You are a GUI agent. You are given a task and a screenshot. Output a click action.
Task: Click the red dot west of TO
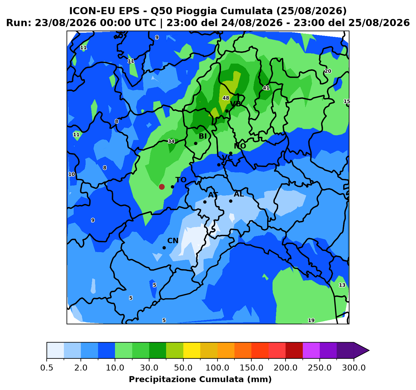[162, 187]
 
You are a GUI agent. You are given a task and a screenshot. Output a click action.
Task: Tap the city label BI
[203, 136]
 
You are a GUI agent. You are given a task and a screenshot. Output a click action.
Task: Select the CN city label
[173, 240]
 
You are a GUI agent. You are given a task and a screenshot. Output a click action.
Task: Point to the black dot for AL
[231, 201]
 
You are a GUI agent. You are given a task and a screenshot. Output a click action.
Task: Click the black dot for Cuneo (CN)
[164, 248]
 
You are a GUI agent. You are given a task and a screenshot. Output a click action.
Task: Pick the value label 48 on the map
[226, 98]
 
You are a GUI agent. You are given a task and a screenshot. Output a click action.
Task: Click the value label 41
[266, 88]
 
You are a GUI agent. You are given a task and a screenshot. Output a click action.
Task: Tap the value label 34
[171, 141]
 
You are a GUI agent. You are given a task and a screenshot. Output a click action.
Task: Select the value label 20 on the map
[328, 71]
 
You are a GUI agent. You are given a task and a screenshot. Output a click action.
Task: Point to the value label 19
[311, 320]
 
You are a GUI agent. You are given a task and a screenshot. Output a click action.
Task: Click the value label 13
[342, 285]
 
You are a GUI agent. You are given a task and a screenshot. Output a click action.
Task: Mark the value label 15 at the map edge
[347, 101]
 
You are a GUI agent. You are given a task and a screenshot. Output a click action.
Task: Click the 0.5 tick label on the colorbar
[47, 368]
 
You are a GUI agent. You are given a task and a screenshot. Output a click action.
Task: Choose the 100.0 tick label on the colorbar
[218, 368]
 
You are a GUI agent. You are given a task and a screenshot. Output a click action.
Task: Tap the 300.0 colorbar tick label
[354, 368]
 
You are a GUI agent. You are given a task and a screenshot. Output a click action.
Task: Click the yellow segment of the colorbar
[192, 350]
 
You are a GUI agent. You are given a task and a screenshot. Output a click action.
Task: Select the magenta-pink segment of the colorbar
[311, 350]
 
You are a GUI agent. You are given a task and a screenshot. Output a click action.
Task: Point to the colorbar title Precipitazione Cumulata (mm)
[200, 379]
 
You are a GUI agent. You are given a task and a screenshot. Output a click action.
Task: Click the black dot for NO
[231, 153]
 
